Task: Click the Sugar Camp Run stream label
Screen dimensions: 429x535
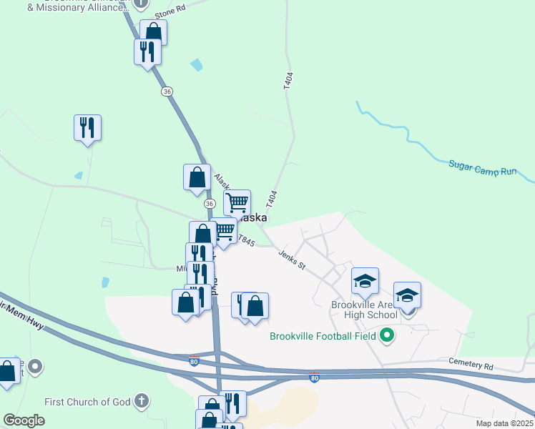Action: [482, 168]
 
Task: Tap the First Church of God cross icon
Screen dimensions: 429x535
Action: [142, 401]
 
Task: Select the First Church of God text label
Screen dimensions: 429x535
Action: [87, 402]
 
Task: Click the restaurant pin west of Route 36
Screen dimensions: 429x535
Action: [87, 128]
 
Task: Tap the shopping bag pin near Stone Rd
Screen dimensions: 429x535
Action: [153, 32]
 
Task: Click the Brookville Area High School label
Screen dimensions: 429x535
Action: [365, 310]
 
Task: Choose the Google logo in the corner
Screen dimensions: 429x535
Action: [24, 420]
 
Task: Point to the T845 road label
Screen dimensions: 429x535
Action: [246, 240]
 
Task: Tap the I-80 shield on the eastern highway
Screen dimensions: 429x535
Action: [314, 377]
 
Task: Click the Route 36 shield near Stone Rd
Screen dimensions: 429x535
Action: [167, 92]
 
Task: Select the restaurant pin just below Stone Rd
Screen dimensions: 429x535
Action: [147, 51]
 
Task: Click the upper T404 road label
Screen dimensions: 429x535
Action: [288, 80]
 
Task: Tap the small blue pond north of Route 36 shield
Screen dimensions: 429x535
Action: [196, 65]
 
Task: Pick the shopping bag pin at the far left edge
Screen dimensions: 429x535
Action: [7, 371]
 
